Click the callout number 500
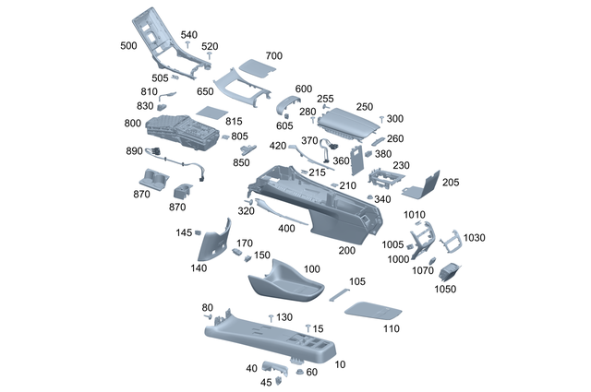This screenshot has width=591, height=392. (x=128, y=45)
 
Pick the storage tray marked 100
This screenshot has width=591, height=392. (x=287, y=279)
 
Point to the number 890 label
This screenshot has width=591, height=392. (x=134, y=151)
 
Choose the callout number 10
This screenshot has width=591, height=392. (x=340, y=365)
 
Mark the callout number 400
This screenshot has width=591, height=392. (x=286, y=228)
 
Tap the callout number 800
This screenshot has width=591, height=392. (x=132, y=123)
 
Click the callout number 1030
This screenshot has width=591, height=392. (x=475, y=238)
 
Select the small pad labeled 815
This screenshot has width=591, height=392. (x=211, y=111)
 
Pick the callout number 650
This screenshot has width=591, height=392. (x=205, y=93)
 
